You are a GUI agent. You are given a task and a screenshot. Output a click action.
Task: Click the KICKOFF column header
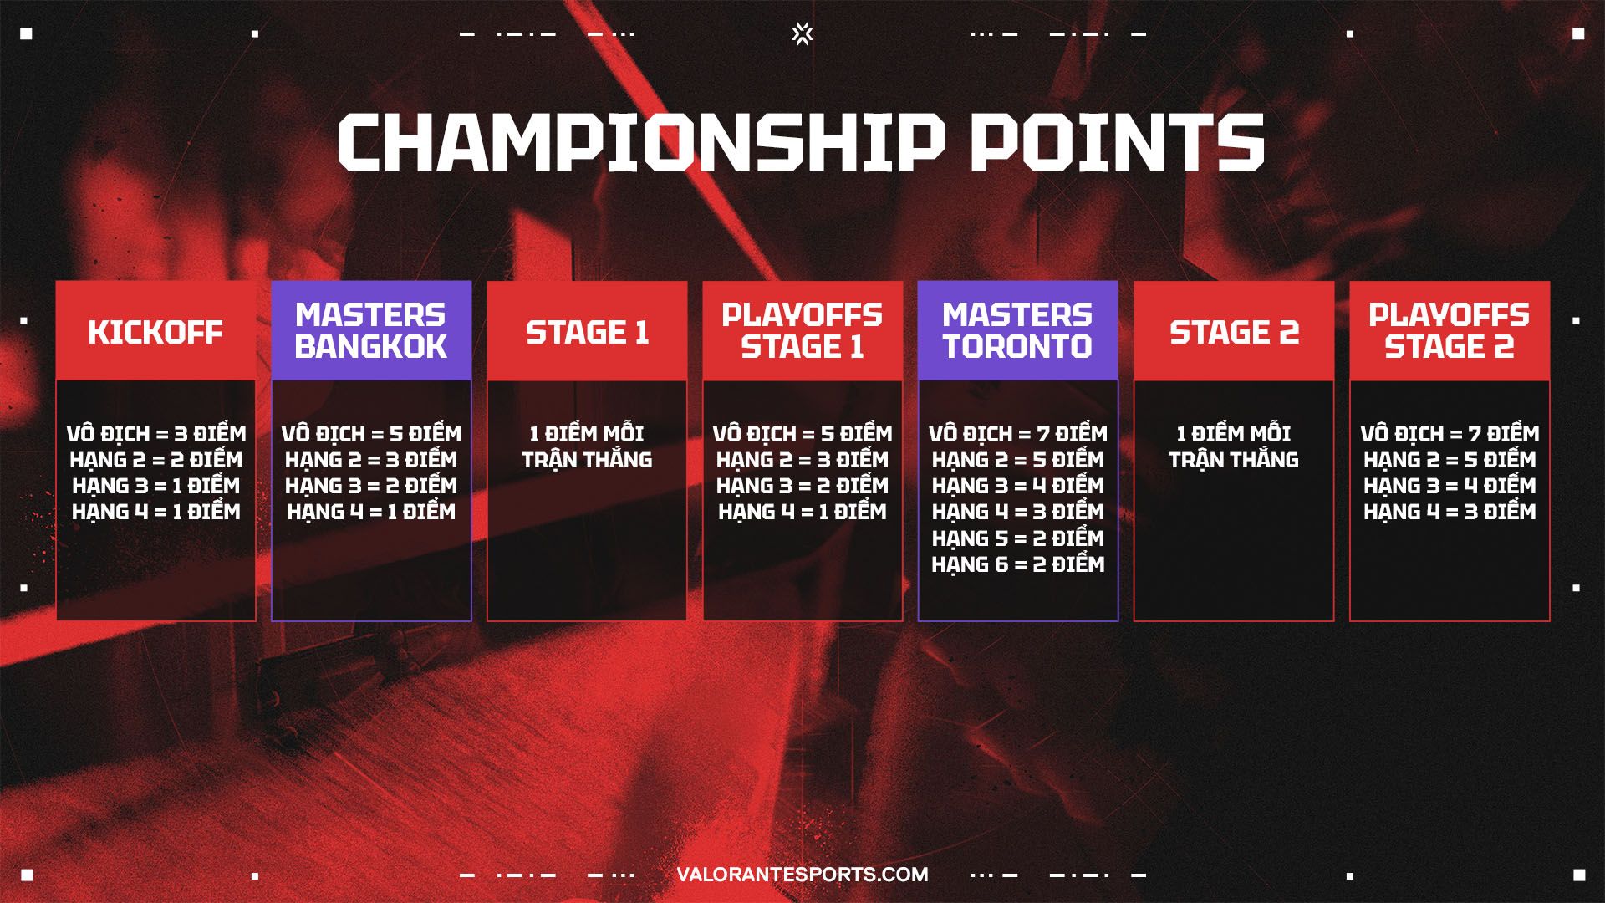tap(155, 331)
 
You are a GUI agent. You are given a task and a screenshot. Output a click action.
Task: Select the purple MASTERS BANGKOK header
tap(371, 331)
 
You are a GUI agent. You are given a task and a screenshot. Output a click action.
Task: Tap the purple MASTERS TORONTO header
tap(1018, 331)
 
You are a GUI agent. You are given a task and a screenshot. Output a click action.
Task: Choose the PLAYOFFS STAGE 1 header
tap(802, 331)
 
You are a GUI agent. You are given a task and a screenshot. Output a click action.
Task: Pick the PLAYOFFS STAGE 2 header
tap(1450, 331)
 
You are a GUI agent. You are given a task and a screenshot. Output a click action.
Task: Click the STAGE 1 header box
tap(587, 331)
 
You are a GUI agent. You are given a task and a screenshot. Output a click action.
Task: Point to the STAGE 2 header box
tap(1234, 331)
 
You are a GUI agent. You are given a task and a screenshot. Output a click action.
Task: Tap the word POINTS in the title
tap(1117, 143)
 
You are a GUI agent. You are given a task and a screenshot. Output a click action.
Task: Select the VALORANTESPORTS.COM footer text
tap(802, 875)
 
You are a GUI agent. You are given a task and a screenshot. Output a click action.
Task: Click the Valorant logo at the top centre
tap(802, 33)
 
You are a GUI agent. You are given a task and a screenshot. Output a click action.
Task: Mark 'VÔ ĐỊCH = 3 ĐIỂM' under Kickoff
tap(156, 434)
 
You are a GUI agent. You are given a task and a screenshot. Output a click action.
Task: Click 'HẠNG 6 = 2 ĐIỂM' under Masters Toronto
tap(1018, 564)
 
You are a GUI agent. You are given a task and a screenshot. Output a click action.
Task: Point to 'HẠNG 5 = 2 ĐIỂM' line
tap(1018, 538)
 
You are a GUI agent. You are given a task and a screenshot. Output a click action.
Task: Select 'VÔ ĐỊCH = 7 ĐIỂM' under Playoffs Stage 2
tap(1450, 434)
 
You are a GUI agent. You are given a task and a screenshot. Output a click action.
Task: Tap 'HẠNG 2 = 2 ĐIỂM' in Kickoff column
tap(156, 460)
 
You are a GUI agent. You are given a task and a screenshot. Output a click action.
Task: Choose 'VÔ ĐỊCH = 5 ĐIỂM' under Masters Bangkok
tap(371, 434)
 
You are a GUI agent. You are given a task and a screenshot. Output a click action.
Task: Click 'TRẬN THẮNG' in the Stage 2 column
tap(1234, 459)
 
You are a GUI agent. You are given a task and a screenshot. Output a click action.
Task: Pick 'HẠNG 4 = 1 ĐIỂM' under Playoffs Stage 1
tap(802, 512)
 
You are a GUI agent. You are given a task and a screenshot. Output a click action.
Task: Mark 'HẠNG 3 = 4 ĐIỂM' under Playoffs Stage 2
tap(1450, 486)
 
